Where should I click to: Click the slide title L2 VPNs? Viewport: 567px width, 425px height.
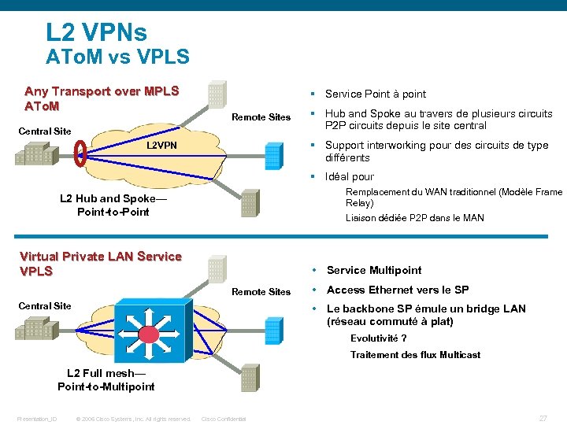96,32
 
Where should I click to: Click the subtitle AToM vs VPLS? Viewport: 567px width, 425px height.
117,57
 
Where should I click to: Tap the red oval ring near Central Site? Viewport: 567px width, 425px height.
80,153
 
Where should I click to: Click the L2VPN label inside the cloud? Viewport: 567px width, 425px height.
162,146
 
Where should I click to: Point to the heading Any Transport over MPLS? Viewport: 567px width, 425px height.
102,91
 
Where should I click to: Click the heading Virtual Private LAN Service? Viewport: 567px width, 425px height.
100,256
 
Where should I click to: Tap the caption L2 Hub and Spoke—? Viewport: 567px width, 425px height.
113,198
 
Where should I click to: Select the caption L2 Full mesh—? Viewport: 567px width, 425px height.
106,373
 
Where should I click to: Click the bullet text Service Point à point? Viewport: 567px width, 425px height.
375,94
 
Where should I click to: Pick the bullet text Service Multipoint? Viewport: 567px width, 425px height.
374,270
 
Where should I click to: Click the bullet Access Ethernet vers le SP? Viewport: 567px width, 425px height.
398,290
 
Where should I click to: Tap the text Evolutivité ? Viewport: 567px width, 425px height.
378,339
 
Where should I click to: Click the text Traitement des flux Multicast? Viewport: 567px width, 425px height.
415,355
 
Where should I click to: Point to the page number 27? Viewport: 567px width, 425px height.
543,418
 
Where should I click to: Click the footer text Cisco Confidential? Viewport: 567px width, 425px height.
224,419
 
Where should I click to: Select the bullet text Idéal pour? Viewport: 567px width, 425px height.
349,176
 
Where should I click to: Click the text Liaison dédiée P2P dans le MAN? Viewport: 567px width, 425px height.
414,218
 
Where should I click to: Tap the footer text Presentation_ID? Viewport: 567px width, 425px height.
37,419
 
